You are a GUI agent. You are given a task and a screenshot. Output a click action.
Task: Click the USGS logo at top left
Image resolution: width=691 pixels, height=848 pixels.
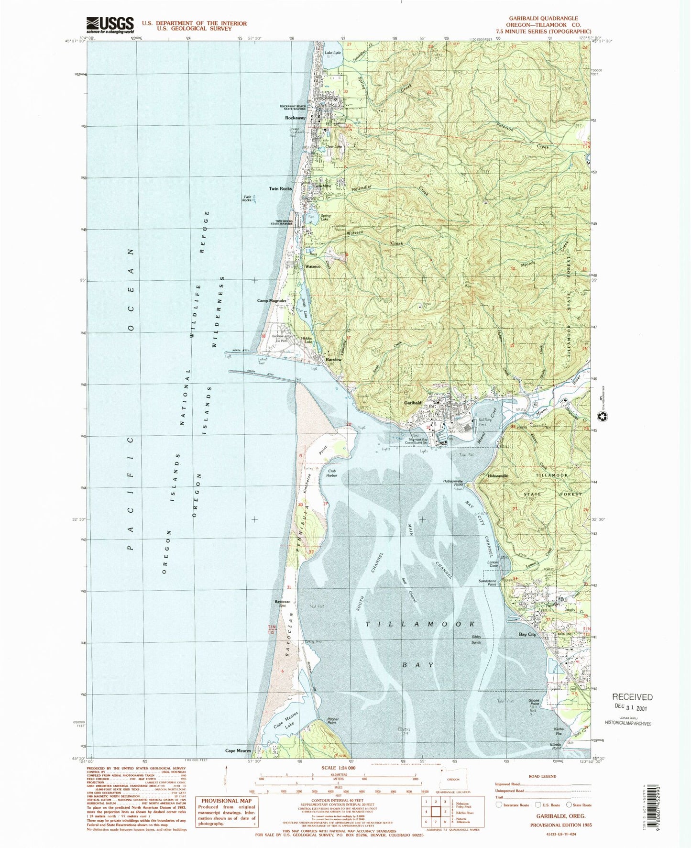110,24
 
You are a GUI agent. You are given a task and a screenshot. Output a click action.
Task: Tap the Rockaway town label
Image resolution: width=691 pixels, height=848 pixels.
295,118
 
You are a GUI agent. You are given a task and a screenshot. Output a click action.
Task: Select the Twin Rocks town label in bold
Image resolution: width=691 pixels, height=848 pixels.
280,188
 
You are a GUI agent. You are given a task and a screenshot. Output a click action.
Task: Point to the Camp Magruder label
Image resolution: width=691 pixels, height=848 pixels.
272,301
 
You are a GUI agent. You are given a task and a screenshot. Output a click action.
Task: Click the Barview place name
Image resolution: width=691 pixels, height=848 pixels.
333,360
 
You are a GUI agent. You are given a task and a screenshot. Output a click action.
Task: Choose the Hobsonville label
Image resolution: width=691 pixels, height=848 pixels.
498,476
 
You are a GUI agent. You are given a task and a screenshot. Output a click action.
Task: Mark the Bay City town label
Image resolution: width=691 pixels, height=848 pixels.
527,634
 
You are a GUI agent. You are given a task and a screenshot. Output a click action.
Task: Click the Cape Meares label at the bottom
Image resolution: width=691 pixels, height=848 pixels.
238,764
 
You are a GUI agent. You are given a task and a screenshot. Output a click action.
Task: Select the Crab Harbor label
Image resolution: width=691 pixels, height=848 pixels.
331,473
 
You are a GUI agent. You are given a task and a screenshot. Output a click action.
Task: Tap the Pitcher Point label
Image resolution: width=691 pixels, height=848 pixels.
333,721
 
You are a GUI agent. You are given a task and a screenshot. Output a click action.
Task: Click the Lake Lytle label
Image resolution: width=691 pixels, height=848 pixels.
333,53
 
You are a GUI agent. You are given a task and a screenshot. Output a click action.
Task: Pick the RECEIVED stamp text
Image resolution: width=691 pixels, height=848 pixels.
632,697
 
